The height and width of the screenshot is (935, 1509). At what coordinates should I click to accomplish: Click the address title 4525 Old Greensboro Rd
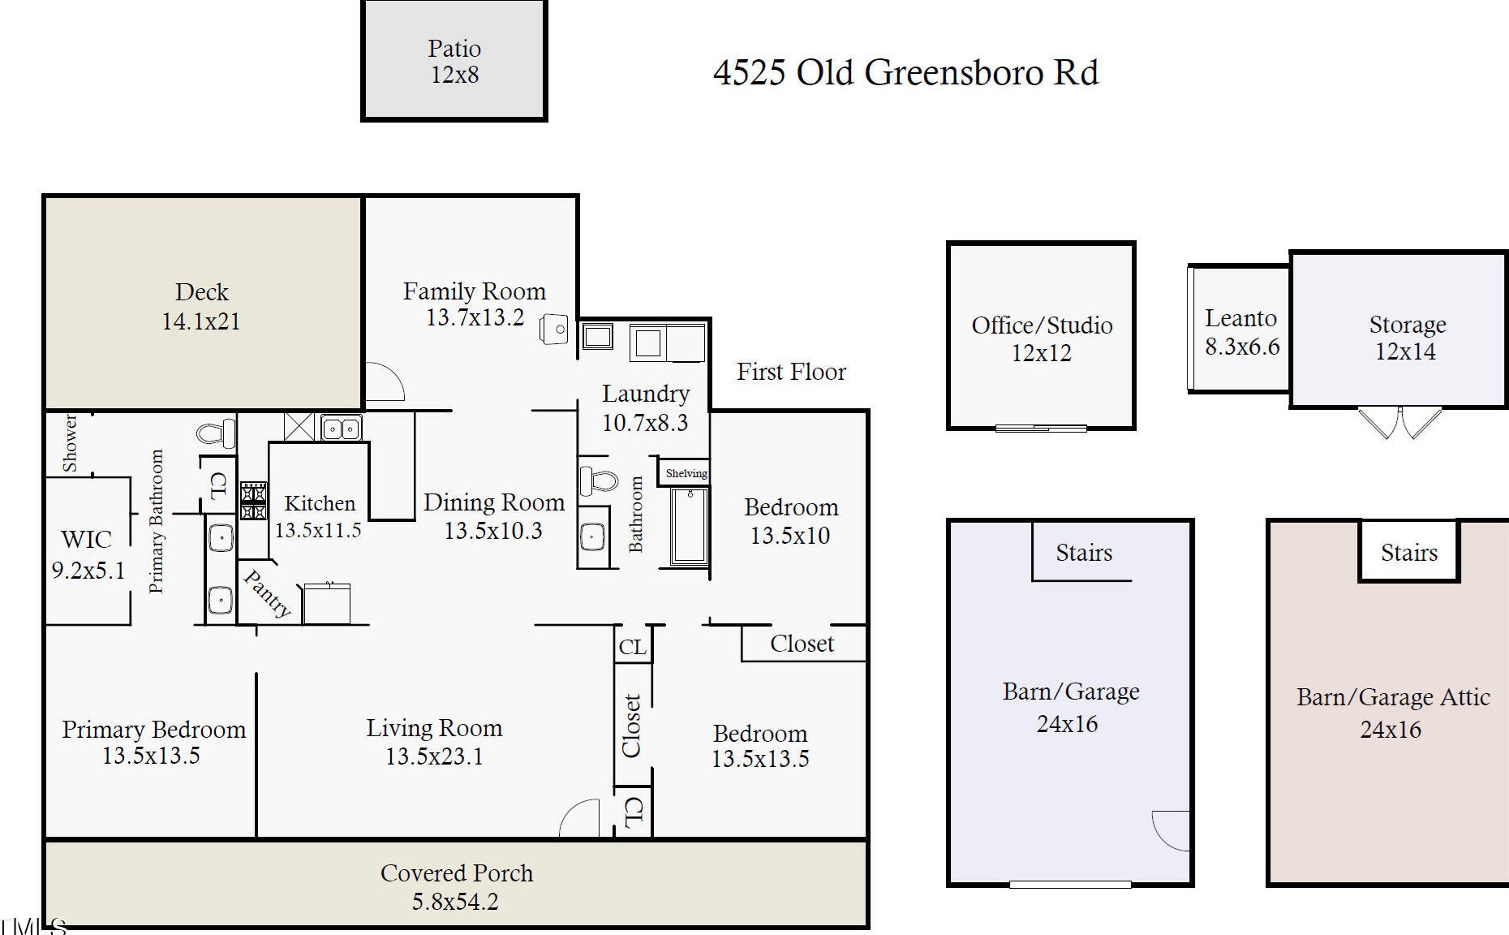coord(905,72)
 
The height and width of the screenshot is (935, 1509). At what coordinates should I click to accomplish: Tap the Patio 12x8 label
coord(454,62)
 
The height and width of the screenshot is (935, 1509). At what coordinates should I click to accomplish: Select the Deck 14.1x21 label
coord(201,307)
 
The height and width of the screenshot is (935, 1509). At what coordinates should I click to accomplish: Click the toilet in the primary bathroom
coord(217,433)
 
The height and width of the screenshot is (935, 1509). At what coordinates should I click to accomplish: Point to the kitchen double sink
coord(342,427)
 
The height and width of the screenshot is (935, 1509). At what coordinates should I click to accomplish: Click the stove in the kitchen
coord(253,500)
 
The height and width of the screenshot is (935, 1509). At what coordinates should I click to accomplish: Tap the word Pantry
coord(267,594)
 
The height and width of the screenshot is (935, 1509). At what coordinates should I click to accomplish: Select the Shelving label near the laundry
coord(686,473)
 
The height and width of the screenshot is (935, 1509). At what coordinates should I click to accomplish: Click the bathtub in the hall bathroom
coord(689,526)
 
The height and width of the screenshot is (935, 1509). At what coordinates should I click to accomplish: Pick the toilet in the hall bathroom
coord(599,480)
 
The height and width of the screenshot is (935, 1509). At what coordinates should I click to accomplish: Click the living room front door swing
coord(579,817)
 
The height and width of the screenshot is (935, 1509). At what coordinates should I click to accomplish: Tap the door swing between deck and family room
coord(385,381)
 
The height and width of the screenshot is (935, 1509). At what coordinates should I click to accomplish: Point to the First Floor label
coord(791,372)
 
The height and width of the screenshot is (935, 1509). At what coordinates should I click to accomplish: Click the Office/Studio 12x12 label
coord(1042,339)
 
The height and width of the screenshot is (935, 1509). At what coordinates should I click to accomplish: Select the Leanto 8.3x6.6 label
coord(1241,333)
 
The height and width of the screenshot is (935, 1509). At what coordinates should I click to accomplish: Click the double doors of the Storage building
coord(1400,423)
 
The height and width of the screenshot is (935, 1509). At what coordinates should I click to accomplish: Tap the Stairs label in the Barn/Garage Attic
coord(1409,554)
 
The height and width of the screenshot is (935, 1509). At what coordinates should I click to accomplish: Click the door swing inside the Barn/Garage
coord(1171,830)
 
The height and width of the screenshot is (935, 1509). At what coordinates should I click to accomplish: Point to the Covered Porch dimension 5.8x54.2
coord(455,902)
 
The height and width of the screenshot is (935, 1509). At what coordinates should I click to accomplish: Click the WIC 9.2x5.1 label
coord(88,555)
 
